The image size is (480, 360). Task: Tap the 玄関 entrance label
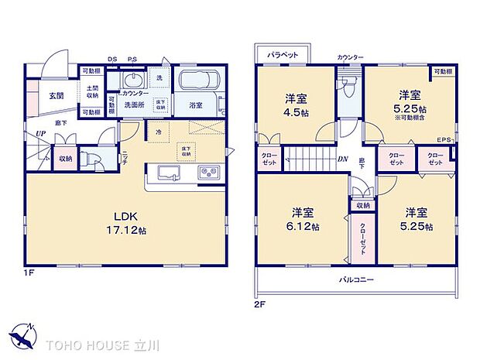click(x=57, y=96)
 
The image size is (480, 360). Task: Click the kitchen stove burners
click(x=211, y=173)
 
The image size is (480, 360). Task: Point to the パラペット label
click(x=283, y=56)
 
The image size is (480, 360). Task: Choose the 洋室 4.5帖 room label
click(x=296, y=104)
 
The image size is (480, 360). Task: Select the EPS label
click(x=444, y=139)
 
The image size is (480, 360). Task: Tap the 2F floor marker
click(x=259, y=303)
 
